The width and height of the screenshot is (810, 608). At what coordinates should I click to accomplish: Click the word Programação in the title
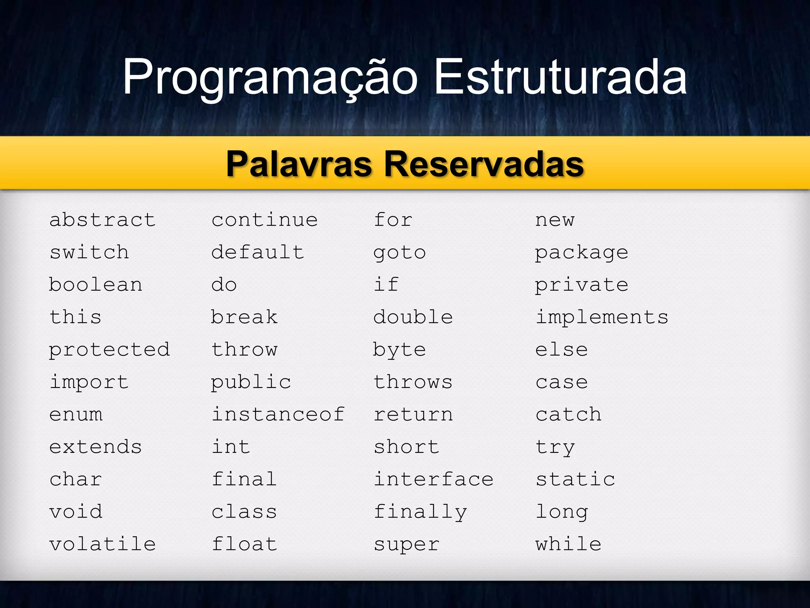click(x=270, y=77)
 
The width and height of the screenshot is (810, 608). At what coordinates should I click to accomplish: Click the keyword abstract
click(x=102, y=220)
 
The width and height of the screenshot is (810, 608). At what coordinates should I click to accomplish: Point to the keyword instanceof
click(x=278, y=414)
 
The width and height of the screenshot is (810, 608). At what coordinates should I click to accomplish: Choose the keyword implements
click(x=602, y=317)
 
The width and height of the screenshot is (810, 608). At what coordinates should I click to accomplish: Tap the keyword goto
click(x=399, y=253)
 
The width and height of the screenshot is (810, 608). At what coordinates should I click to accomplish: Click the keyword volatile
click(x=102, y=544)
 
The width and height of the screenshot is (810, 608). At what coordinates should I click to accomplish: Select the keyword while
click(x=568, y=544)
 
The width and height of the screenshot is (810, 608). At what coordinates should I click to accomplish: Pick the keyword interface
click(x=433, y=479)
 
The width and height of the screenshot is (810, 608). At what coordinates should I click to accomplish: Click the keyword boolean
click(x=95, y=285)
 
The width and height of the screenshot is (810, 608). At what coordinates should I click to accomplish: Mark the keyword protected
click(x=109, y=350)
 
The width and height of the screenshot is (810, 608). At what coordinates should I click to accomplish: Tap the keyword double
click(x=413, y=317)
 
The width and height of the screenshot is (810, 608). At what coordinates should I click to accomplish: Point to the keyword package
click(x=581, y=253)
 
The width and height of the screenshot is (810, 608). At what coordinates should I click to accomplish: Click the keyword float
click(x=244, y=544)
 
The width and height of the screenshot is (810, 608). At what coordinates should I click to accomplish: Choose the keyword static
click(x=575, y=479)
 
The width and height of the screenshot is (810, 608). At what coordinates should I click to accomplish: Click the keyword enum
click(x=76, y=414)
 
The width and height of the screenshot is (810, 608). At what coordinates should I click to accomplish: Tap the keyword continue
click(x=264, y=220)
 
